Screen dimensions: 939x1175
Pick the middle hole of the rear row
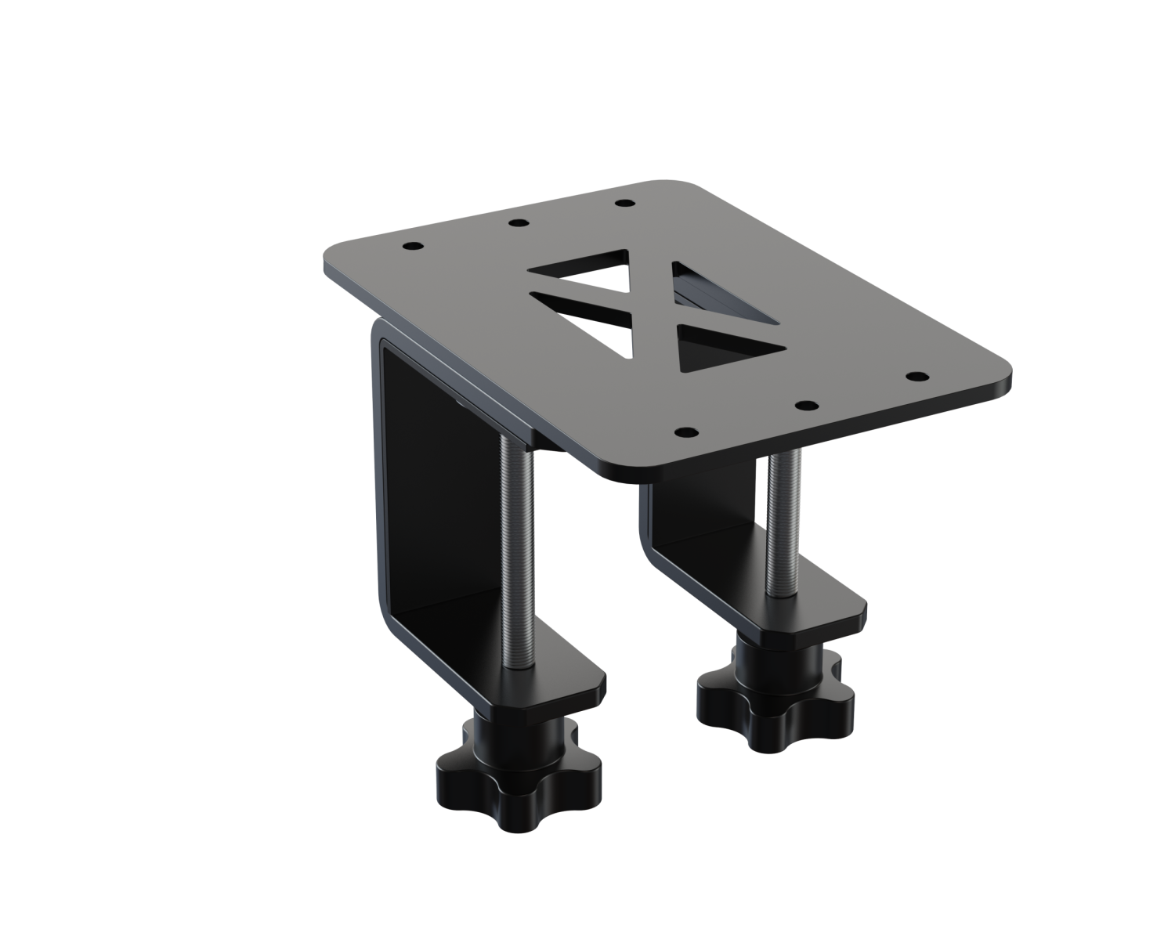click(x=516, y=224)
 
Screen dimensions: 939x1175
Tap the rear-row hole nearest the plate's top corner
click(x=624, y=204)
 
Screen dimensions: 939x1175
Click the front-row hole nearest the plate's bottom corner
click(x=685, y=432)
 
